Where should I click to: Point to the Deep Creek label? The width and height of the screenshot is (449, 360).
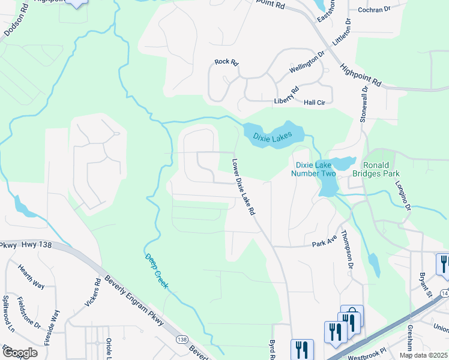[157, 271]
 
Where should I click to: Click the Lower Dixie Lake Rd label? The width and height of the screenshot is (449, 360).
[244, 187]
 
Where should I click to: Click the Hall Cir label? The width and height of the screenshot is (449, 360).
[315, 103]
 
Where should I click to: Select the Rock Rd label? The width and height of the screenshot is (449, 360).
[226, 62]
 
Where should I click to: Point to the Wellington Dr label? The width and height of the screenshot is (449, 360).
[307, 62]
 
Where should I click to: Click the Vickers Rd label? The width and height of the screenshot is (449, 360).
[97, 290]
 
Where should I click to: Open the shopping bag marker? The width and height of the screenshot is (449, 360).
[352, 314]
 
